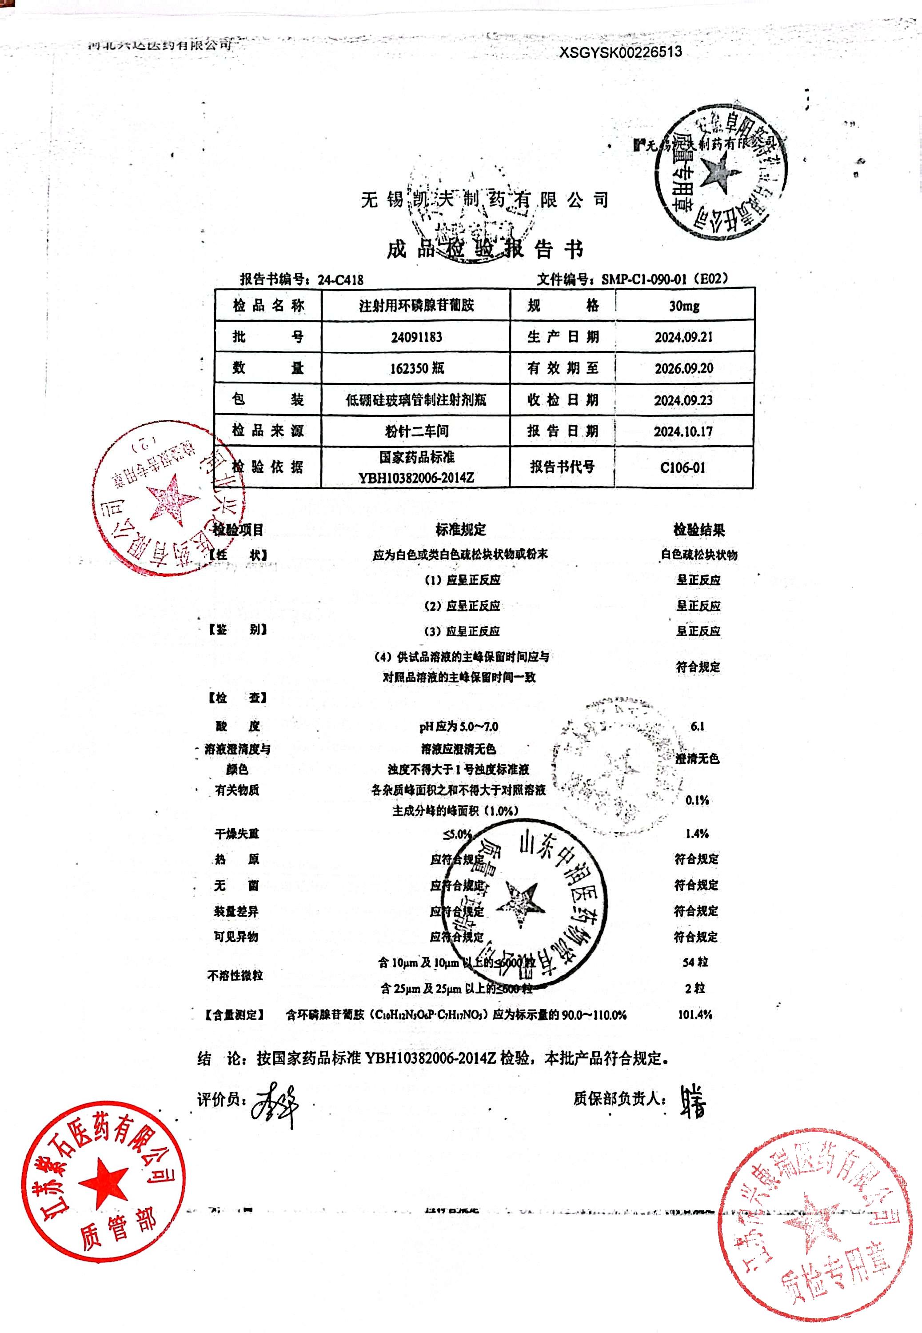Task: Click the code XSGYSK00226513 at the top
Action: [620, 52]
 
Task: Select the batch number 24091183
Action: [416, 337]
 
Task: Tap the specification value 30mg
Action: [684, 306]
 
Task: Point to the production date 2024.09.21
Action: [683, 337]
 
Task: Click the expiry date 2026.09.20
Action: [683, 368]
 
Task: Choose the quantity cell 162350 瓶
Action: [416, 368]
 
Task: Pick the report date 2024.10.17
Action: [683, 431]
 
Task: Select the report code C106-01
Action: [683, 468]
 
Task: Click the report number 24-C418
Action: [340, 280]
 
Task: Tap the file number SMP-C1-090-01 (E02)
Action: [664, 279]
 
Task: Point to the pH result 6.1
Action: [697, 726]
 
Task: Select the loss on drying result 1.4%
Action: [697, 834]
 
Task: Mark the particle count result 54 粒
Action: [695, 962]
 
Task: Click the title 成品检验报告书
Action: [485, 250]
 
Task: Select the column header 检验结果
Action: [699, 530]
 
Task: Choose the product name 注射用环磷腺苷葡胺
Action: [416, 306]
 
